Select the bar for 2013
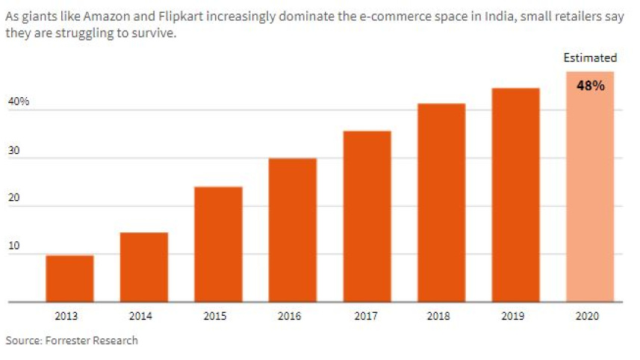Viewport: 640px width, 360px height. (x=69, y=279)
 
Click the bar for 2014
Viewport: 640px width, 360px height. (x=143, y=267)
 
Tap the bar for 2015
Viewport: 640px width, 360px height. (x=218, y=244)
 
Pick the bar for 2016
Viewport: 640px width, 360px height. (x=292, y=230)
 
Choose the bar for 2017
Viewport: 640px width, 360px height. (x=367, y=217)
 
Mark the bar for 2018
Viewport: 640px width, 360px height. (x=441, y=202)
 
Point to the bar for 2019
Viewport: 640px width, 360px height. (x=515, y=195)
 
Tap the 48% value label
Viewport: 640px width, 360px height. (x=590, y=85)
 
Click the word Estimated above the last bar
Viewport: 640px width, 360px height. (x=590, y=58)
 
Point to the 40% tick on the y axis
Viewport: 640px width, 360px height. (x=19, y=101)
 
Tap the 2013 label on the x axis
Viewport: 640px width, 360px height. (x=69, y=316)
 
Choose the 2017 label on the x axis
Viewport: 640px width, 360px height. (x=367, y=316)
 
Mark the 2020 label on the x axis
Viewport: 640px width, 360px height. (x=590, y=316)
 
